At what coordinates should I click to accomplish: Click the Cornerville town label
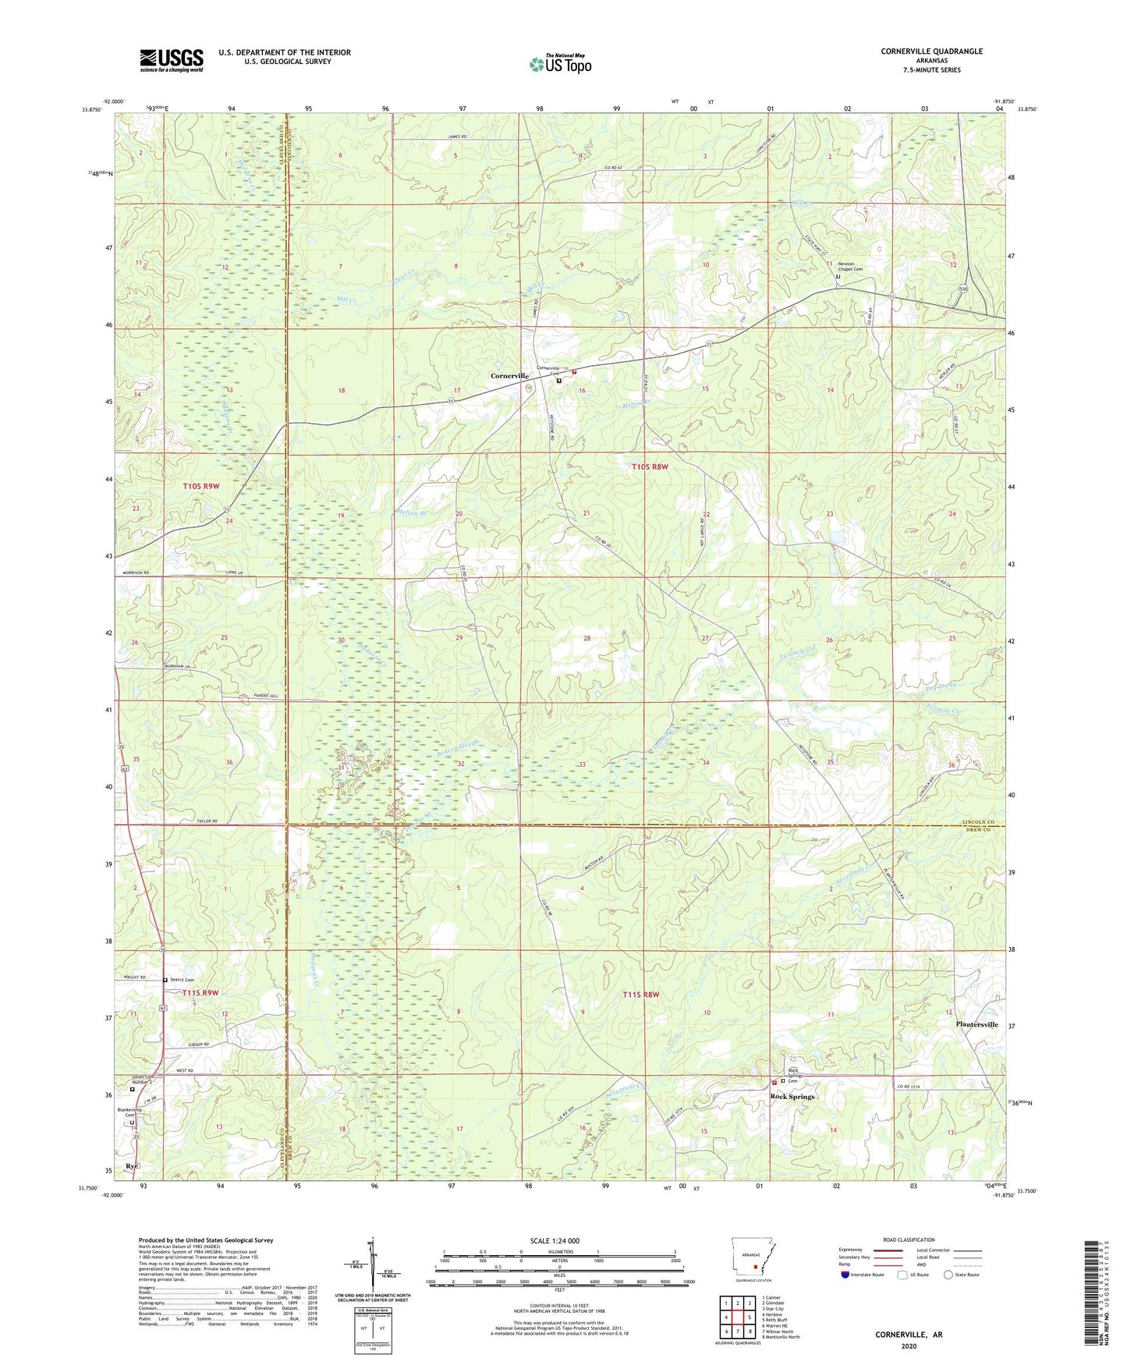coord(509,376)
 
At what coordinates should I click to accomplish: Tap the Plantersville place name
coord(976,1024)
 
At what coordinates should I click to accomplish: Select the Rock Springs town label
coord(792,1097)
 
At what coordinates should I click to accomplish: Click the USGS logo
coord(172,60)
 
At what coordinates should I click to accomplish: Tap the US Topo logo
coord(560,64)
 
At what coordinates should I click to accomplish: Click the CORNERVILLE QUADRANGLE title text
coord(931,51)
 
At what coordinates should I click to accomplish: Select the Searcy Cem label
coord(182,980)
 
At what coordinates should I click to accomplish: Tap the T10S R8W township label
coord(650,467)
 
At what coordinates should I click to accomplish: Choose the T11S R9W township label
coord(200,993)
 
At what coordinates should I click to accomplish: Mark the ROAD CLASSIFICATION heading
coord(909,1240)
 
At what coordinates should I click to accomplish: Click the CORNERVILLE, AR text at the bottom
coord(908,1335)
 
